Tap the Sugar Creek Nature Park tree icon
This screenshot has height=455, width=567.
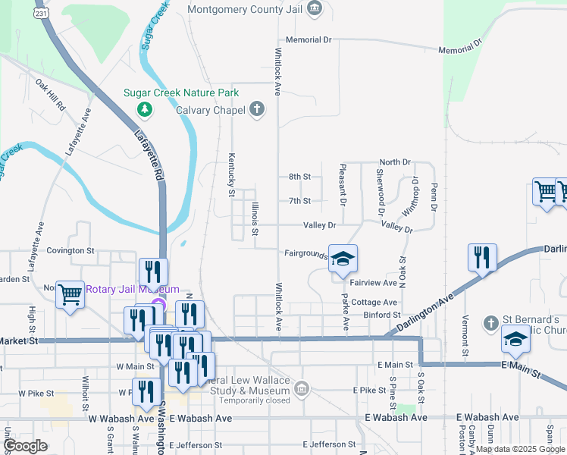point(144,111)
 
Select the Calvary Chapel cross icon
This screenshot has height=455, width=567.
point(257,110)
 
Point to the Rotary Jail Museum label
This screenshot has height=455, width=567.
point(131,289)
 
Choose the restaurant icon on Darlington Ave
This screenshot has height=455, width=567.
point(481,257)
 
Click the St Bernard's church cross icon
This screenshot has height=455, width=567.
point(491,322)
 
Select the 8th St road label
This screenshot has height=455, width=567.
point(299,177)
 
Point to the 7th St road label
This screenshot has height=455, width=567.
point(299,201)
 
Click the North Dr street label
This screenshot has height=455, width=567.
point(394,162)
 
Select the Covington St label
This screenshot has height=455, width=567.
point(70,249)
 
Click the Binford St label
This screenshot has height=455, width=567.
point(381,314)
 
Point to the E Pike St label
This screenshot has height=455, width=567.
point(370,390)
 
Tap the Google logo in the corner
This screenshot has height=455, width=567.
point(25,446)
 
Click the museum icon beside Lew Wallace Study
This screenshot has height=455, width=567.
point(302,390)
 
